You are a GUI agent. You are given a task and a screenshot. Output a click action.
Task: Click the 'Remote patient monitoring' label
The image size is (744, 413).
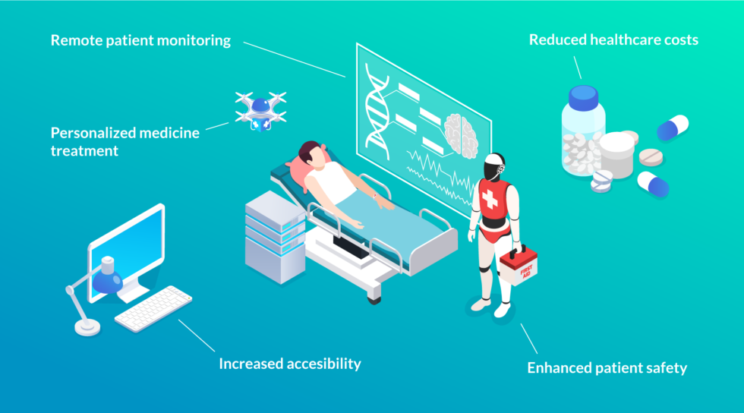(x=140, y=40)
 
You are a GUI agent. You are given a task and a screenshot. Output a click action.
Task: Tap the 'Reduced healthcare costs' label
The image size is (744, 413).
(x=613, y=39)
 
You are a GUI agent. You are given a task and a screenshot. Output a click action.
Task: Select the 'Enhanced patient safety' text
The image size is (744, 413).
(x=607, y=368)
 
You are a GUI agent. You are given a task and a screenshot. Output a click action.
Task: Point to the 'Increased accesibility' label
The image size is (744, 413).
(x=289, y=364)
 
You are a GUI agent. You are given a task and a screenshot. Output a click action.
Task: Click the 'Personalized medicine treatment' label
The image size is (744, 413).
(x=125, y=141)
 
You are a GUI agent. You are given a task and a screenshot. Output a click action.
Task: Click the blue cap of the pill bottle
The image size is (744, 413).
(x=584, y=96)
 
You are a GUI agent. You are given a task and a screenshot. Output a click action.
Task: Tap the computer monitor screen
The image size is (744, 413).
(x=127, y=244)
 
